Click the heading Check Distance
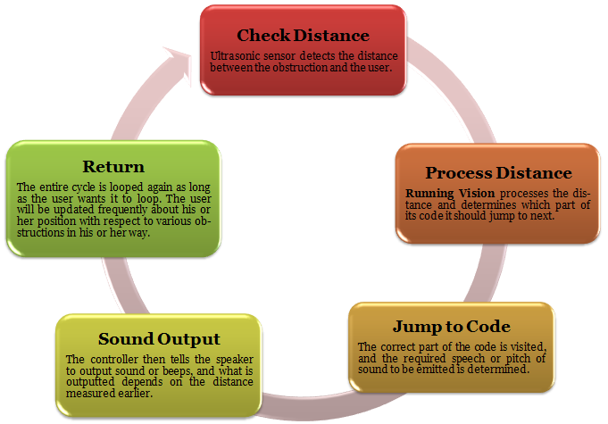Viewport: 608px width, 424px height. (x=303, y=36)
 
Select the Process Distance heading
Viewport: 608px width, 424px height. (x=498, y=173)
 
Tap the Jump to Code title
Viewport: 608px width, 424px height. (x=452, y=327)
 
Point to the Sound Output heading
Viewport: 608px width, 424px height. (x=159, y=339)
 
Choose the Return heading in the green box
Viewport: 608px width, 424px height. (x=113, y=167)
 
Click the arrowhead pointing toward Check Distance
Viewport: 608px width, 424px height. (x=179, y=65)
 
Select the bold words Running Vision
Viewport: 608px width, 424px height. (x=450, y=193)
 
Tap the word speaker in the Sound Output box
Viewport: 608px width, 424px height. (x=235, y=360)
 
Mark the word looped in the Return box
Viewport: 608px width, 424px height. (x=124, y=187)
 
